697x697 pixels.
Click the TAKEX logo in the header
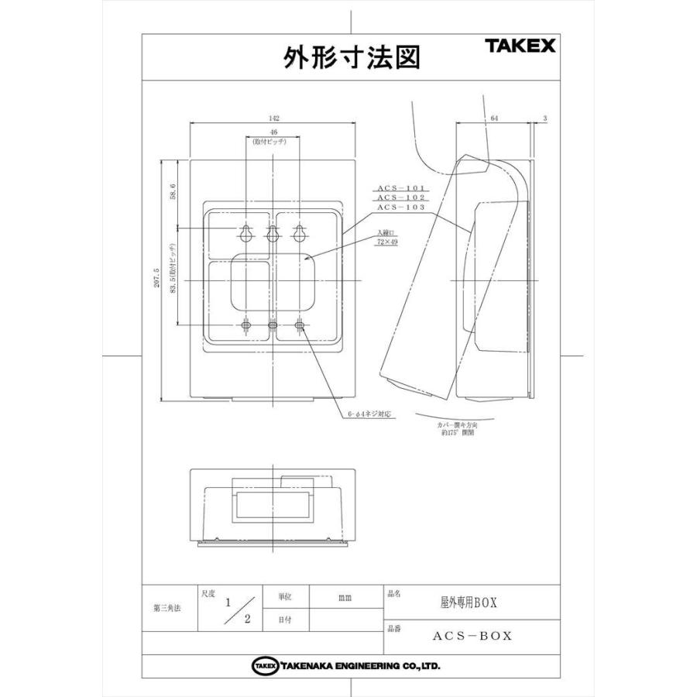coord(520,46)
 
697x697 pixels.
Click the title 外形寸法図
coord(352,57)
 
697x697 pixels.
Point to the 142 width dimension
coord(273,118)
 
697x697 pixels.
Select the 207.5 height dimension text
coord(156,279)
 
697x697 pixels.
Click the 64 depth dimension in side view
coord(494,118)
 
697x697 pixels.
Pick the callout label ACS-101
coord(401,188)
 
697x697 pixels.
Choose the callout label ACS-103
coord(401,208)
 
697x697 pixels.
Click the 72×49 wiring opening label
coord(387,242)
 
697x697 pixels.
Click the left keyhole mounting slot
coord(246,233)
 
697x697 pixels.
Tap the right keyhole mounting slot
coord(300,233)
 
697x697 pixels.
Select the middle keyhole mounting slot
coord(273,233)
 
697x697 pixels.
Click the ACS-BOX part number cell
coord(472,636)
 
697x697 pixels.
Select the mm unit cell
coord(345,598)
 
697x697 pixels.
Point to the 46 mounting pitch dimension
coord(273,133)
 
